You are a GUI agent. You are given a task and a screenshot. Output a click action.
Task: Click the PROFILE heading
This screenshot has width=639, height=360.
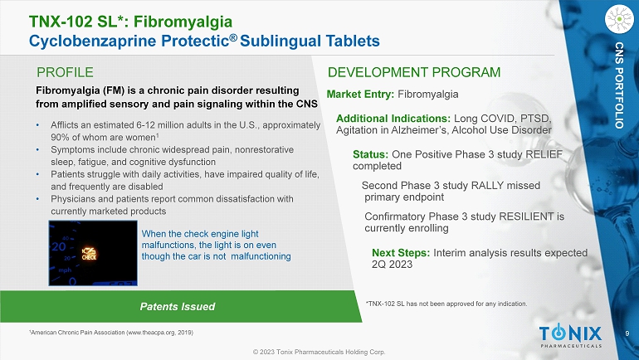[x=65, y=72]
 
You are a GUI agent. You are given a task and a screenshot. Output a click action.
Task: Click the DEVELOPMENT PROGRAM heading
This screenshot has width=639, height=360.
[x=414, y=72]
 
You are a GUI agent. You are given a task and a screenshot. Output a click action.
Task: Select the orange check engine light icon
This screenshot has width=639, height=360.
[x=90, y=253]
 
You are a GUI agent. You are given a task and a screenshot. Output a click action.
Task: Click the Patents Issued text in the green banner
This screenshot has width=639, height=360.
[x=178, y=307]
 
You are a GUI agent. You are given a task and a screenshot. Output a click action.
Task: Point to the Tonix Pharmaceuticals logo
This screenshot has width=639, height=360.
[x=571, y=337]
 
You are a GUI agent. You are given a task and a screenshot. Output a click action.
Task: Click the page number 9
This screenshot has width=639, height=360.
[x=627, y=333]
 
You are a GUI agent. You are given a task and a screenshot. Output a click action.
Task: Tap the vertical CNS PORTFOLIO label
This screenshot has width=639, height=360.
[x=619, y=85]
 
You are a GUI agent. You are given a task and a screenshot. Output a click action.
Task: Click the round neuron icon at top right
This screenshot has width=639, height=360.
[x=619, y=19]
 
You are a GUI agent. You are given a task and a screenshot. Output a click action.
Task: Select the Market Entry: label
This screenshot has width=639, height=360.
[x=360, y=95]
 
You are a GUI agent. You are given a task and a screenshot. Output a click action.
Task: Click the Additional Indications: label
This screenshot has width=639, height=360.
[x=393, y=119]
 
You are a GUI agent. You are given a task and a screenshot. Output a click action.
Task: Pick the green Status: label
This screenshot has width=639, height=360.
[x=370, y=154]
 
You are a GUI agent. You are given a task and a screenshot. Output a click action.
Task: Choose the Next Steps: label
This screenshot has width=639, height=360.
[x=401, y=253]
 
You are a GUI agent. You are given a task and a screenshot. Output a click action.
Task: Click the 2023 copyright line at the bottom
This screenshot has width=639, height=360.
[x=319, y=352]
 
